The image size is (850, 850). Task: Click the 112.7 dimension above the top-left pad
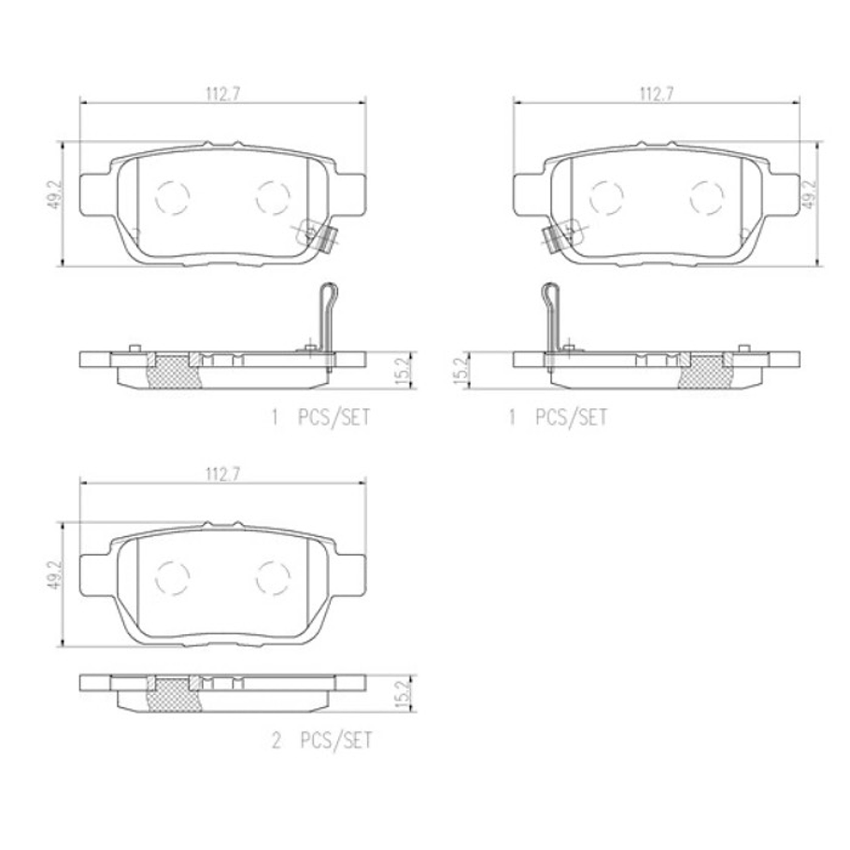(222, 93)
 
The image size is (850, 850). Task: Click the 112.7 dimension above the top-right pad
(657, 93)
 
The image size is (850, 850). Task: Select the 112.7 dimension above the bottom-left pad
(222, 475)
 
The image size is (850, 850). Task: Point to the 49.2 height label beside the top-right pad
(808, 195)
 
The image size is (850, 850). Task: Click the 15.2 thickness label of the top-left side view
(404, 371)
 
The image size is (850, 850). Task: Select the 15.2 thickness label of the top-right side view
(461, 371)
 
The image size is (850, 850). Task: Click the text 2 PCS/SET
(322, 741)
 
